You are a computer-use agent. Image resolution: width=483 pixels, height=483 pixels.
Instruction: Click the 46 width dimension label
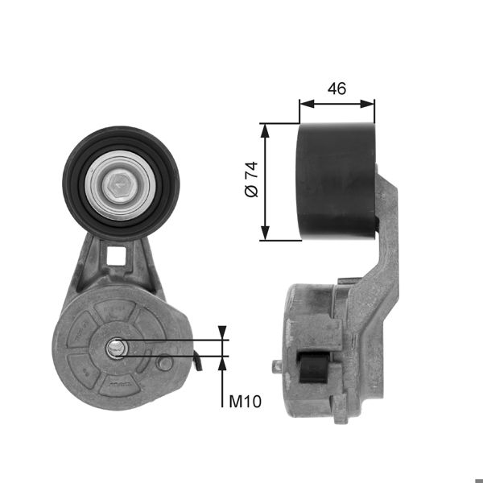coord(336,89)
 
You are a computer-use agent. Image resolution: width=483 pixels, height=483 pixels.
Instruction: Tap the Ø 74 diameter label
coord(250,180)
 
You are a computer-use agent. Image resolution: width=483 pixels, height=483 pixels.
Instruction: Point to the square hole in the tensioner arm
coord(118,256)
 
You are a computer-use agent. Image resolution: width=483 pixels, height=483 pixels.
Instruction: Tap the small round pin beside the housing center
coord(164,363)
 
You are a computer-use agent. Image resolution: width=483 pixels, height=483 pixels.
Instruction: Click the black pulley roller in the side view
coord(336,181)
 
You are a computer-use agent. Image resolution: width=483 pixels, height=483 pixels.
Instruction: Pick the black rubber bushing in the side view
coord(312,369)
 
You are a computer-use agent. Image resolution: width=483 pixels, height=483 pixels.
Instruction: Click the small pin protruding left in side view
coord(277,366)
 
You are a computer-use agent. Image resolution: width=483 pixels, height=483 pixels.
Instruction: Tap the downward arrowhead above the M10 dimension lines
coord(223,333)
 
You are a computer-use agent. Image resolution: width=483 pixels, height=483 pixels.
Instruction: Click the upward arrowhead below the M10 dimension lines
coord(223,361)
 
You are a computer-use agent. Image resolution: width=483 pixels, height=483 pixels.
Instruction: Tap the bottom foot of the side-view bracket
coord(341,416)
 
